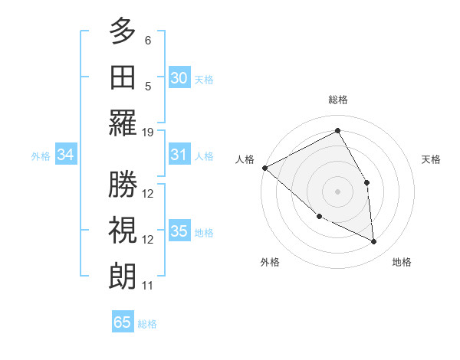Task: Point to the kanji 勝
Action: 123,184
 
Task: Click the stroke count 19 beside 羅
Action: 148,132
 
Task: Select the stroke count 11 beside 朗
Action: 148,286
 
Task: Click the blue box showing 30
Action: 179,77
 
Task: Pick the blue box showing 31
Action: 179,155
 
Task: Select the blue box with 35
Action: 179,231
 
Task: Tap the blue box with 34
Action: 66,155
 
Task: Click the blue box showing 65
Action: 123,322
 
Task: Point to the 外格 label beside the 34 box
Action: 41,156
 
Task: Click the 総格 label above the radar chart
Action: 337,100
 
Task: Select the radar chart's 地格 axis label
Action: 402,262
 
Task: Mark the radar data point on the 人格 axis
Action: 264,168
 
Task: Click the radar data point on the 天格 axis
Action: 367,182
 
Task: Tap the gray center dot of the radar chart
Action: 337,191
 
